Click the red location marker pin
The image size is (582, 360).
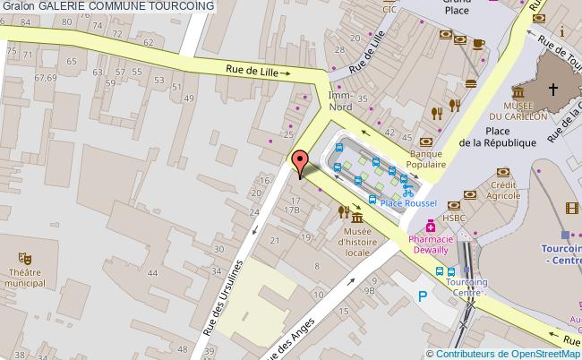coord(301,161)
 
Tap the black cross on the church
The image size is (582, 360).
coord(553,89)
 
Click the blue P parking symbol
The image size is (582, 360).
coord(421,296)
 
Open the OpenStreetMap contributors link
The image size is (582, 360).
coord(504,353)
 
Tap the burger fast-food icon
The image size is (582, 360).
coord(470,82)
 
